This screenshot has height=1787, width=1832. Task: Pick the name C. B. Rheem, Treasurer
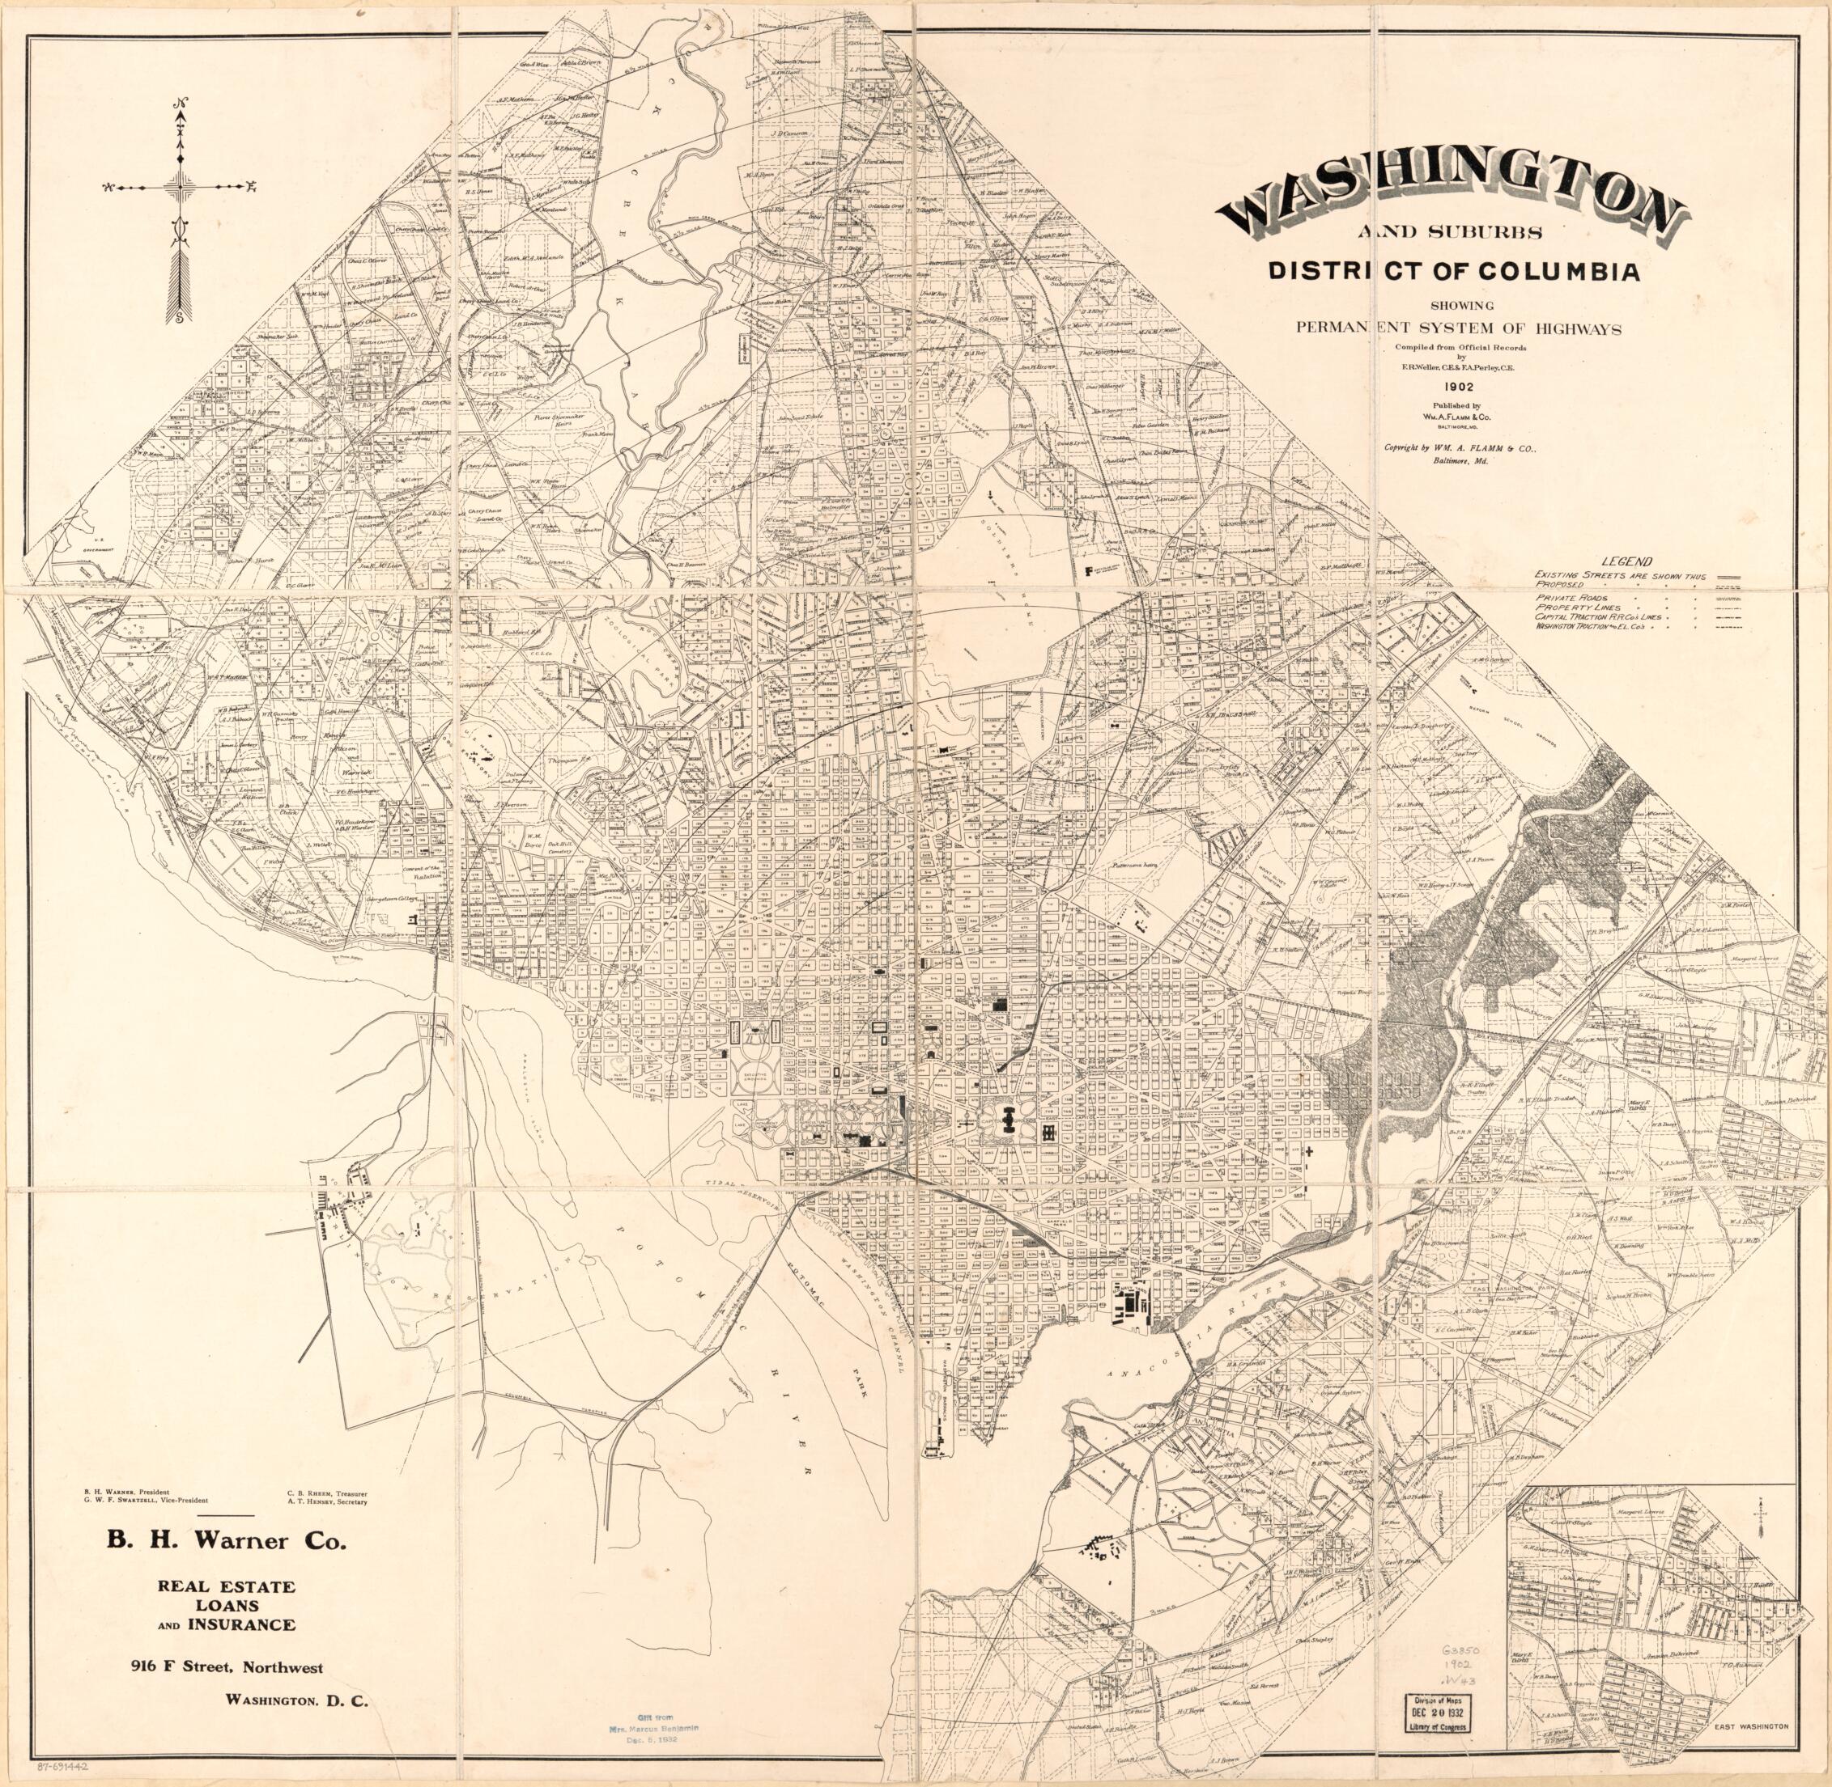(x=327, y=1492)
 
